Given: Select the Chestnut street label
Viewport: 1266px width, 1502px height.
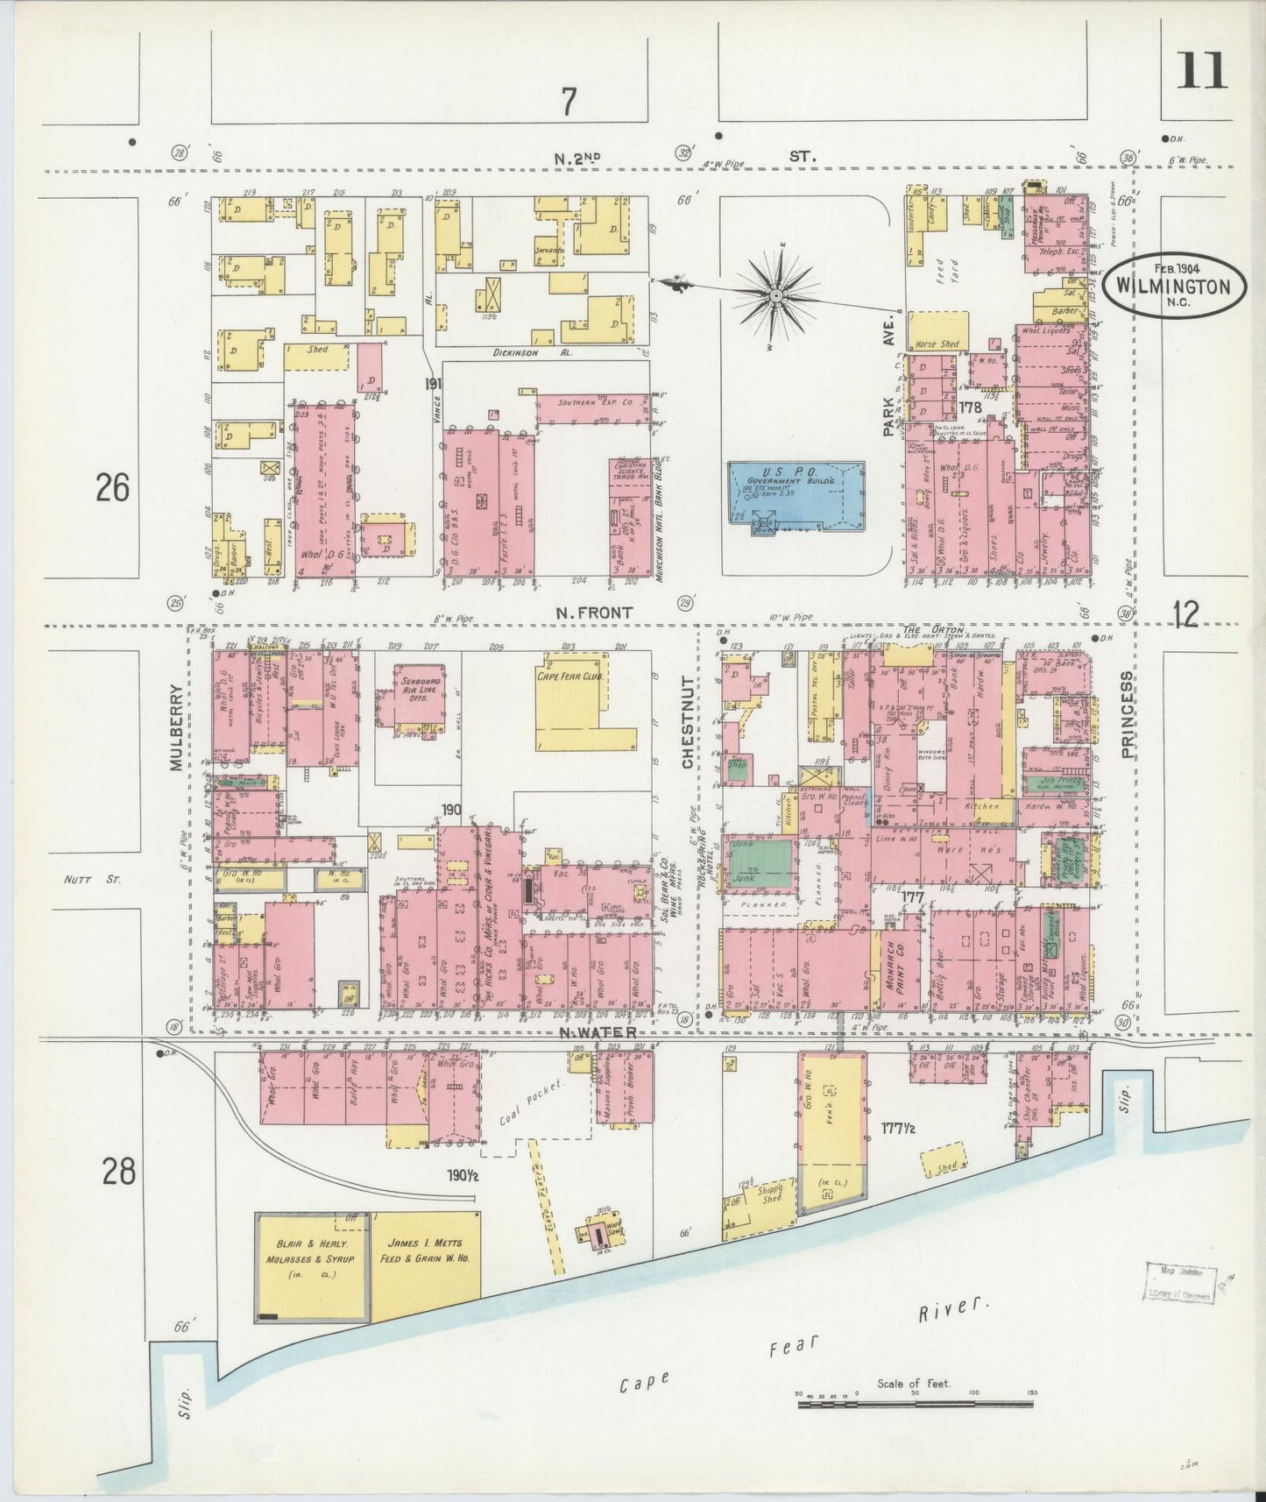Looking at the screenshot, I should [x=688, y=722].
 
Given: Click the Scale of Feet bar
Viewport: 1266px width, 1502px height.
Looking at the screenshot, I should [x=915, y=1403].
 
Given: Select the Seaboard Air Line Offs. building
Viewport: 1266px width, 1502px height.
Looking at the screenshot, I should [x=410, y=697].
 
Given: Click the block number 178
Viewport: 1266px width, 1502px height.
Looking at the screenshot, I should [x=969, y=407].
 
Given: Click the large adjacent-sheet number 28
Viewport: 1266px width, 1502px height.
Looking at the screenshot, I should [x=118, y=1171].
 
